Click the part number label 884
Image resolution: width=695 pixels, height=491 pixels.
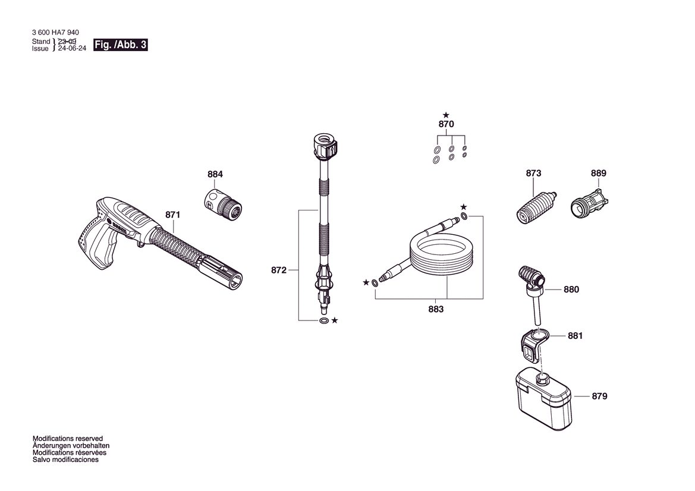[215, 174]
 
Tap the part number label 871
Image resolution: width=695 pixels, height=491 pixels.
[173, 215]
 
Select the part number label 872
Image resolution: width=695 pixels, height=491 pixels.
[279, 270]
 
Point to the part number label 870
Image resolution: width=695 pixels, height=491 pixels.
[446, 124]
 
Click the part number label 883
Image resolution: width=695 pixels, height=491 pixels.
[436, 309]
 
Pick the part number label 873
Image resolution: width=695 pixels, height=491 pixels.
[533, 173]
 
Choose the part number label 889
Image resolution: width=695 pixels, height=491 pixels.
[598, 173]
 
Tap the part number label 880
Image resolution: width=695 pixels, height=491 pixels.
[571, 289]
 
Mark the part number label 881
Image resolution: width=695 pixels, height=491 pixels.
[576, 336]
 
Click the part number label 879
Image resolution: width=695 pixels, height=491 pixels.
[599, 396]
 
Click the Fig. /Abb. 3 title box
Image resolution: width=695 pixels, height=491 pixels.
[120, 45]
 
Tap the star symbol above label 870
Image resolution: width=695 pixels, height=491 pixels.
[446, 115]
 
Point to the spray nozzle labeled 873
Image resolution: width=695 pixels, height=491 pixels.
[536, 207]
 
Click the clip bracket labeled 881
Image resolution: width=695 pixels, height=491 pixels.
[534, 344]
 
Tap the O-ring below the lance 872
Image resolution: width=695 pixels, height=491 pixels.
[324, 321]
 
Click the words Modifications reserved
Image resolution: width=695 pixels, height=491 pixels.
[68, 439]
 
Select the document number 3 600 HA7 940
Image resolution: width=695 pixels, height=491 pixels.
[55, 32]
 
